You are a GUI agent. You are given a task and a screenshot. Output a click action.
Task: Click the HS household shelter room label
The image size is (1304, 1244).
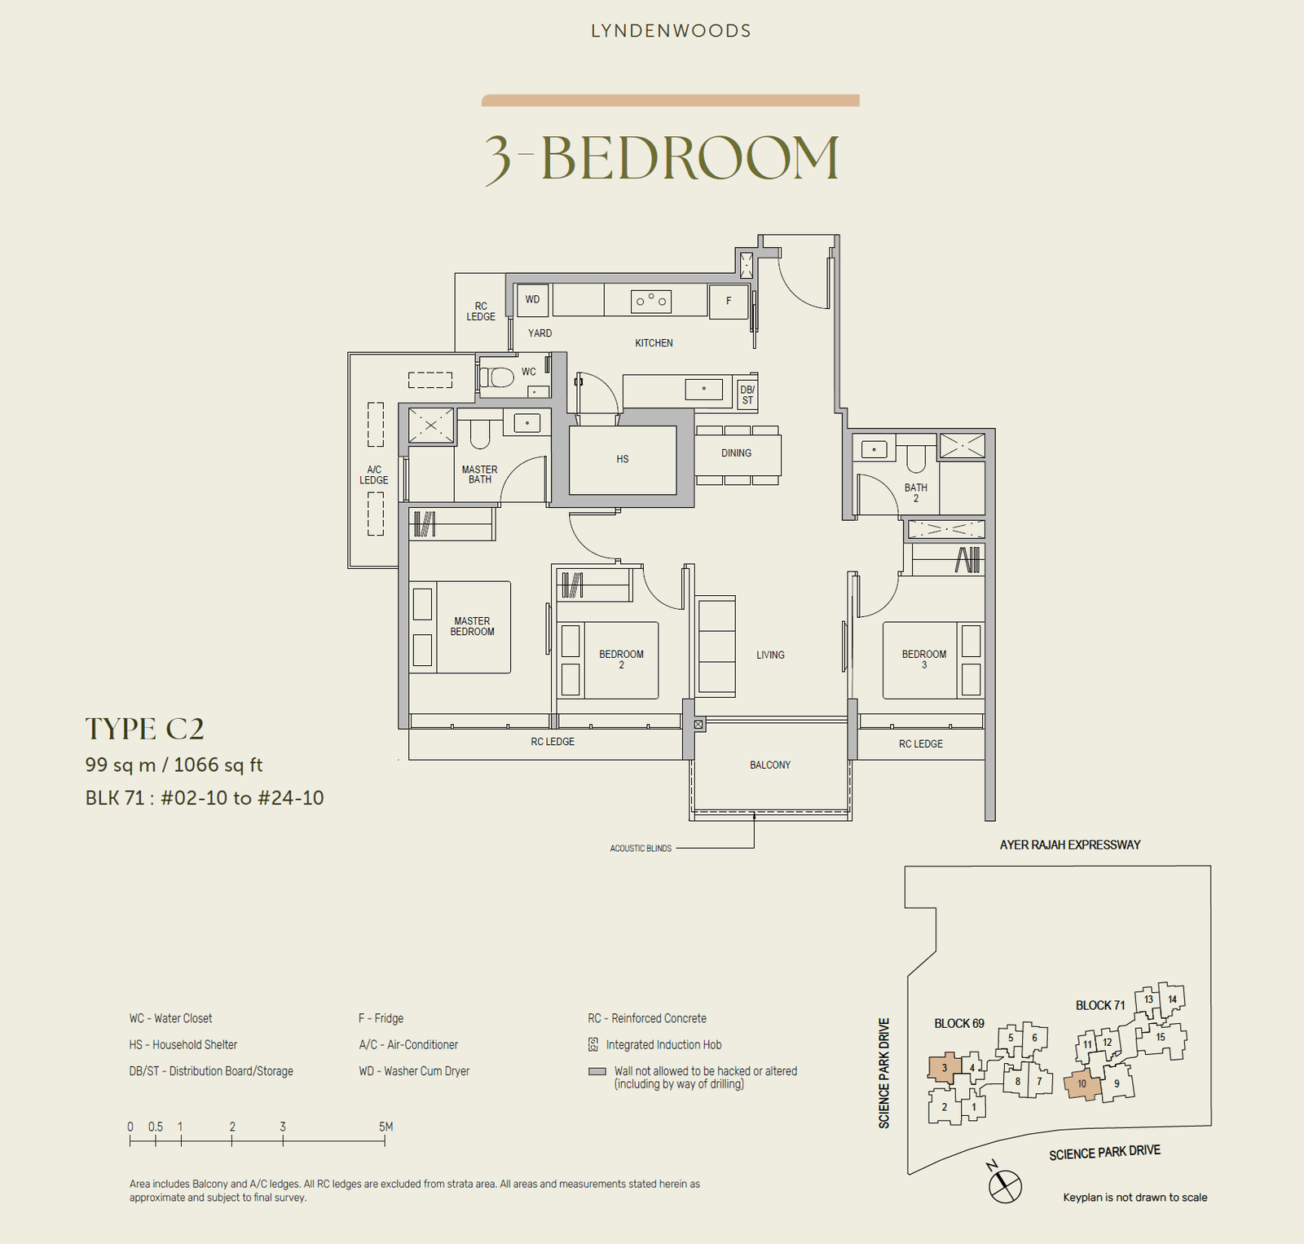tap(623, 459)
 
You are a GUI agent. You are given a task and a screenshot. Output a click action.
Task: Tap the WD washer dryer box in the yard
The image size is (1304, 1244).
tap(532, 300)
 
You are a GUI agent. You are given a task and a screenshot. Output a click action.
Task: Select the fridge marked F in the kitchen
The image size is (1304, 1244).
tap(729, 301)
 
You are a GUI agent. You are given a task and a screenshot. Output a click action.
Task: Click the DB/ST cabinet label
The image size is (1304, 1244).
tap(747, 395)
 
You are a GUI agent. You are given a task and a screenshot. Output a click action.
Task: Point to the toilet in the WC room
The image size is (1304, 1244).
tap(498, 377)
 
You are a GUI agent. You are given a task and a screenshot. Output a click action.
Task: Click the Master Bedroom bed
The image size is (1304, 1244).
tap(460, 627)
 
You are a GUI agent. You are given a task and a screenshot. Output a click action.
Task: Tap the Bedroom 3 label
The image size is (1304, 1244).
tap(923, 659)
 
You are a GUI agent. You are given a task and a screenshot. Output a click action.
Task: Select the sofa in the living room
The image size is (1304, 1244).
tap(716, 645)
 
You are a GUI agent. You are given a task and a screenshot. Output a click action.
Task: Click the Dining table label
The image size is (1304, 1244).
tap(736, 453)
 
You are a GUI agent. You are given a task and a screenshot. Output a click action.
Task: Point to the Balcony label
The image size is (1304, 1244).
tap(770, 765)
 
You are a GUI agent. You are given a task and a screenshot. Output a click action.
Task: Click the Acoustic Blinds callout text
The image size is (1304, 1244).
tap(641, 849)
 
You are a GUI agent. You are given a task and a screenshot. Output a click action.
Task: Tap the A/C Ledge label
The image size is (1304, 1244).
tap(374, 474)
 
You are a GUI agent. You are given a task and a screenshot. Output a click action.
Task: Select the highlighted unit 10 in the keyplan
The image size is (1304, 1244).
tap(1082, 1083)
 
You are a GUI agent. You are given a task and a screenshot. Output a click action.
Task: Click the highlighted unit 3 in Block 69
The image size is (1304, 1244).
tap(944, 1068)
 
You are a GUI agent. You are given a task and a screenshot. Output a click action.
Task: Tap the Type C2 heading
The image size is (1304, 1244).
tap(145, 729)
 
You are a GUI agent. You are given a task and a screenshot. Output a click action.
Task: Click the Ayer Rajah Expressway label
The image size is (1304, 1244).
tap(1069, 845)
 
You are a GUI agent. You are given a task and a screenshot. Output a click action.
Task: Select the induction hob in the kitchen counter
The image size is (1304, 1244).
tap(651, 302)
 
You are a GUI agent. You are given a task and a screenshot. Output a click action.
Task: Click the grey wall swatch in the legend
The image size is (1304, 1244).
tap(597, 1072)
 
